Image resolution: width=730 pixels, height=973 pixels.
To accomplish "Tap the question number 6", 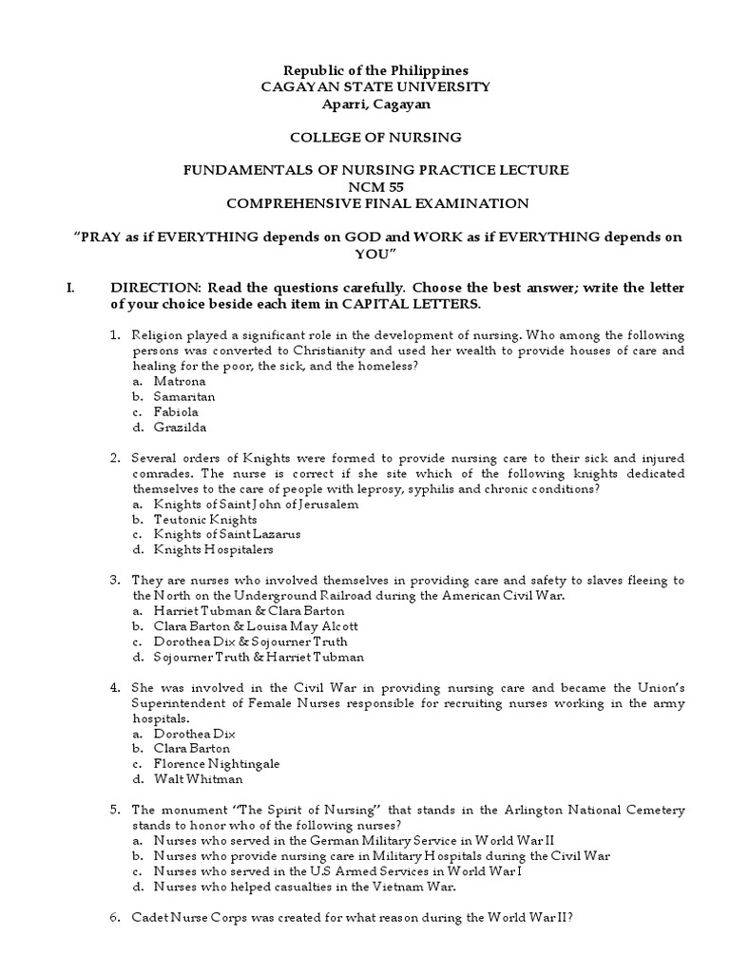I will click(x=114, y=917).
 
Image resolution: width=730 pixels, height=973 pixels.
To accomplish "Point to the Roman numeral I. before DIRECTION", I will click(x=69, y=288).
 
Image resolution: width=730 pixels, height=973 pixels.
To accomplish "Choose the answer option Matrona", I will click(x=181, y=381).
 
